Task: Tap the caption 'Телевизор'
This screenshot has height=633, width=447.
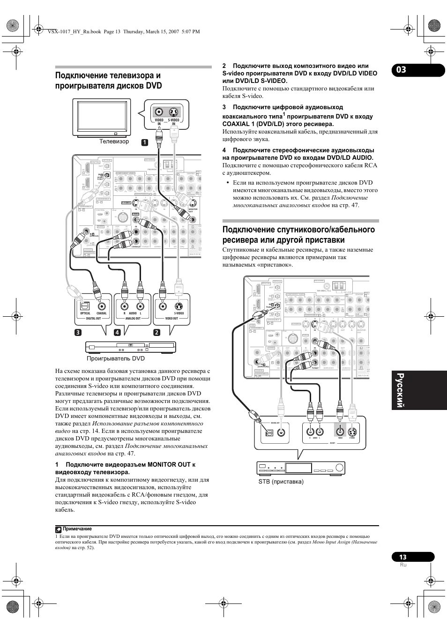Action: pos(114,141)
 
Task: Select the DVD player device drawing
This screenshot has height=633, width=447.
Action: pos(131,347)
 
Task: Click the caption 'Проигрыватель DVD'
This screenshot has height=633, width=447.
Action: pos(116,359)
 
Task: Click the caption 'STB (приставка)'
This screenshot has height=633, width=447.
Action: pos(281,482)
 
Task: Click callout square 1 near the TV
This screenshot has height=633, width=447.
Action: pos(146,141)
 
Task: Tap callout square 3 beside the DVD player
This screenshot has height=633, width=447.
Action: pos(77,333)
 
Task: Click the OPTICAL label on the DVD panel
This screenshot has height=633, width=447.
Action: pos(85,313)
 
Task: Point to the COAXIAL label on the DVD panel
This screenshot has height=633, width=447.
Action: pos(102,313)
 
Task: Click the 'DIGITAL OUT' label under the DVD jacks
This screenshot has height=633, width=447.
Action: pos(93,319)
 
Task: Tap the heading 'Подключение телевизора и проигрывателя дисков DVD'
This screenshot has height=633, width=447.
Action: pos(109,81)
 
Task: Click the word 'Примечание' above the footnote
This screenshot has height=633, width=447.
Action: pos(78,529)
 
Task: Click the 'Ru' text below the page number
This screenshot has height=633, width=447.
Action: pos(403,566)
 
